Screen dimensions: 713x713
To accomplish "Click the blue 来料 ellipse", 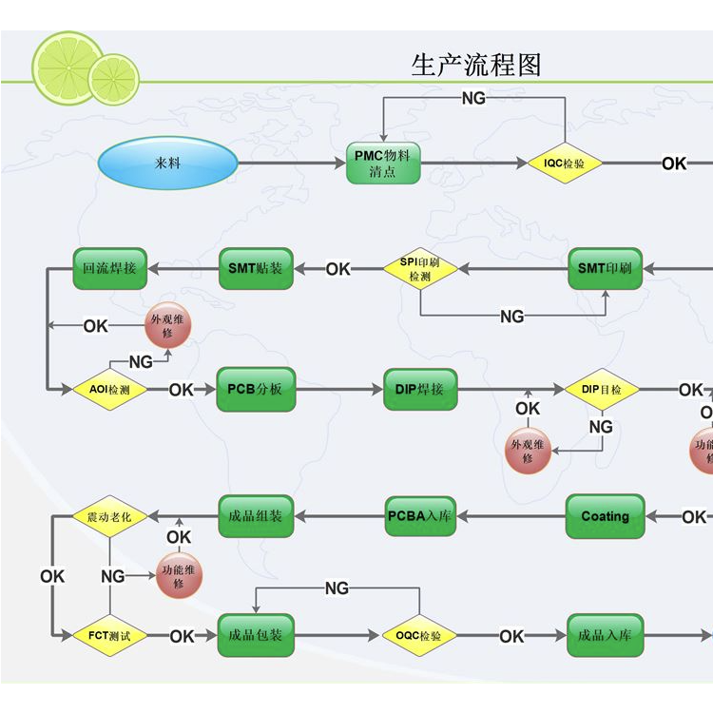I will pos(167,164).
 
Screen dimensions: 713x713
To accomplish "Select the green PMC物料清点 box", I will pos(382,163).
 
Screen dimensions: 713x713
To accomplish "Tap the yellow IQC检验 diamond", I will pos(566,164).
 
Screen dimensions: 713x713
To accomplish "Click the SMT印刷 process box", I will pos(605,269).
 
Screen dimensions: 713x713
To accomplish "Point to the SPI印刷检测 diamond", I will pos(420,269).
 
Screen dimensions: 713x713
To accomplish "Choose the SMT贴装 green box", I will pos(256,269).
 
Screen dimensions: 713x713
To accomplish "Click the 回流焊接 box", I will pos(109,269).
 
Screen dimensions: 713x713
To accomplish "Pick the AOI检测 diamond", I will pos(109,390).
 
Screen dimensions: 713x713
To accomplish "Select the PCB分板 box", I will pos(256,390).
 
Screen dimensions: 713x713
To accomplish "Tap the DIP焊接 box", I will pos(419,390).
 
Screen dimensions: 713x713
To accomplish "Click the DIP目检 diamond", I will pos(602,390).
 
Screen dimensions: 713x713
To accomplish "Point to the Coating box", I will pos(605,516).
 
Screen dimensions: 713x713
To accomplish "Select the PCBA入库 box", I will pos(421,516).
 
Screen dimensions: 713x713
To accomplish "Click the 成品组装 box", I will pos(256,516).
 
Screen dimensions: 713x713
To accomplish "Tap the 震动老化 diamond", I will pos(109,516).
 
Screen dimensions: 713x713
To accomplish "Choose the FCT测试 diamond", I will pos(109,635).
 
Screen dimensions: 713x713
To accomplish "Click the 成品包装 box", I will pos(256,635).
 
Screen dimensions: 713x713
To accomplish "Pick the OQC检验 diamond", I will pos(419,635).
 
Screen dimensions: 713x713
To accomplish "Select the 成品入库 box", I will pos(605,635).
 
